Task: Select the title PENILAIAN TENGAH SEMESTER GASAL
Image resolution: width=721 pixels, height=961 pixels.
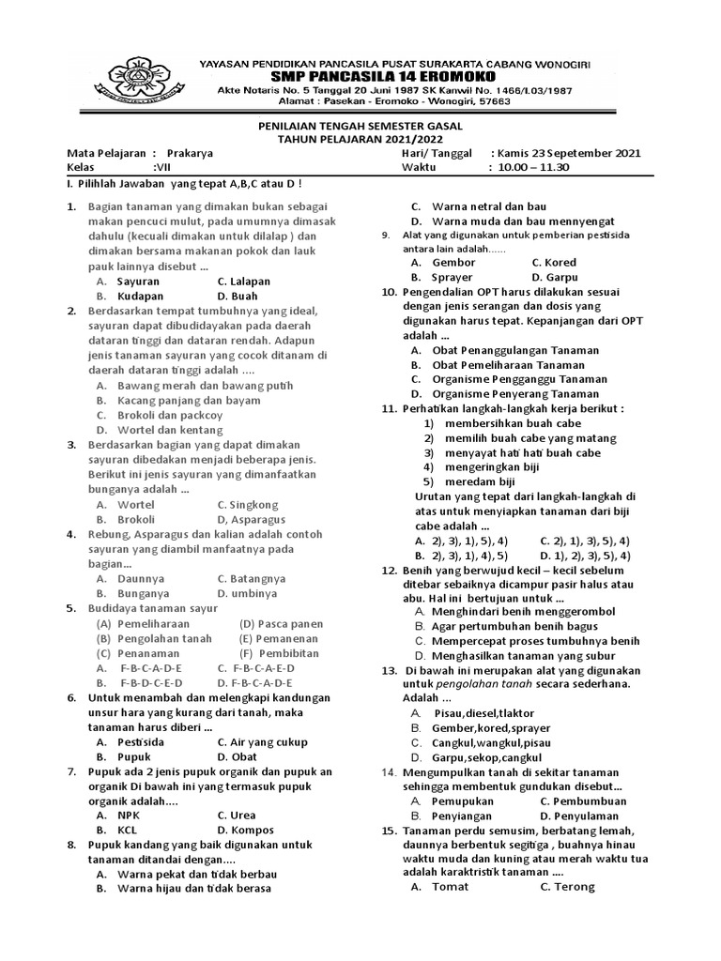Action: (360, 126)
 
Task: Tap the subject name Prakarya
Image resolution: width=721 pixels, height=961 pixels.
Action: (190, 153)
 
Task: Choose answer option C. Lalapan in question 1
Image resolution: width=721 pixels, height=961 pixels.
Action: (243, 281)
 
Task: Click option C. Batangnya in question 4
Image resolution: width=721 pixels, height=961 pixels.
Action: (251, 579)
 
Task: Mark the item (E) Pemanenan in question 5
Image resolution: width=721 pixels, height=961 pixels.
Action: (279, 638)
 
